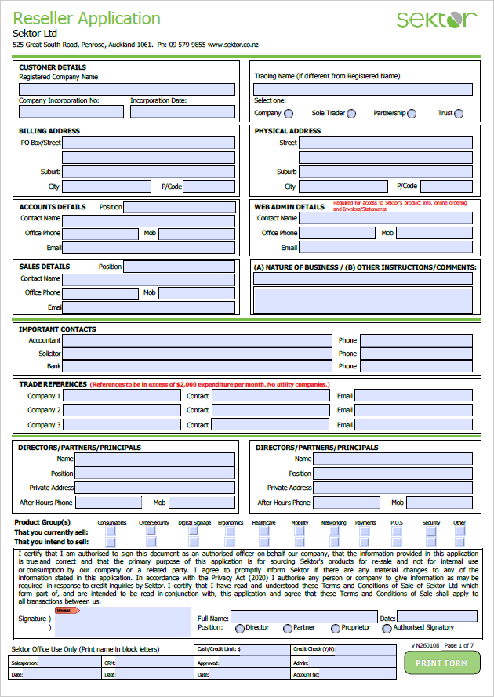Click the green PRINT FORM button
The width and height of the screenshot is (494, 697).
coord(441,663)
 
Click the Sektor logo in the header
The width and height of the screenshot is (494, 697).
coord(436,20)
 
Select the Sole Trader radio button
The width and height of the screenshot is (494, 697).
coord(351,114)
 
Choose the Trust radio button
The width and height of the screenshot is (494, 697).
coord(459,114)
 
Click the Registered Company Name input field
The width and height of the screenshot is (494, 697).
coord(127,89)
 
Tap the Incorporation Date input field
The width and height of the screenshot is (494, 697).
coord(182,111)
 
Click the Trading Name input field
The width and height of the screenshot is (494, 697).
coord(363,89)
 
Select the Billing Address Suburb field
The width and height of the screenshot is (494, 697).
coord(148,172)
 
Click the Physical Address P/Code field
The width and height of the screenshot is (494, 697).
coord(446,187)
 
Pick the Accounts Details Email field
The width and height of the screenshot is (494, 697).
coord(148,248)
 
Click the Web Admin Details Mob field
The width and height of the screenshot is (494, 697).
coord(434,233)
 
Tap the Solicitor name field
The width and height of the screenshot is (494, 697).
coord(197,354)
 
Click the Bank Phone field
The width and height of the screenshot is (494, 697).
coord(416,366)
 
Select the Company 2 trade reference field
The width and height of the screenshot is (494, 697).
coord(122,410)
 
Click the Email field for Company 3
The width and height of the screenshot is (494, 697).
coord(413,425)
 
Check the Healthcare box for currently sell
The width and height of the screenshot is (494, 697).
coord(262,531)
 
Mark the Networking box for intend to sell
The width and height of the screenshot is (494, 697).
coord(333,542)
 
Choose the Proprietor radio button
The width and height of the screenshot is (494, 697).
coord(336,628)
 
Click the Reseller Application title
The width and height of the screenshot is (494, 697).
coord(86,19)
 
